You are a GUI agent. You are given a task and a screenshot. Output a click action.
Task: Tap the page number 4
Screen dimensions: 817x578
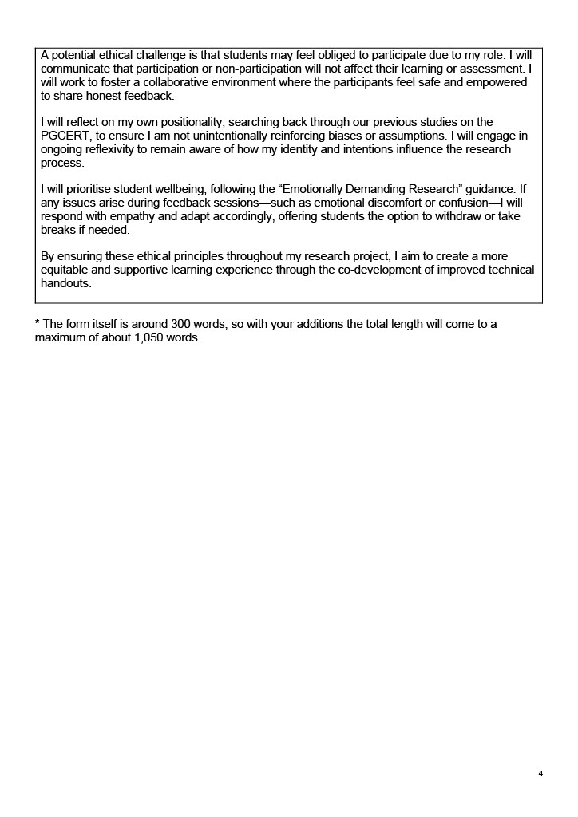540,774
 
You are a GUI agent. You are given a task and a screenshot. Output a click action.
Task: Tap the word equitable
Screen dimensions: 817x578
66,270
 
